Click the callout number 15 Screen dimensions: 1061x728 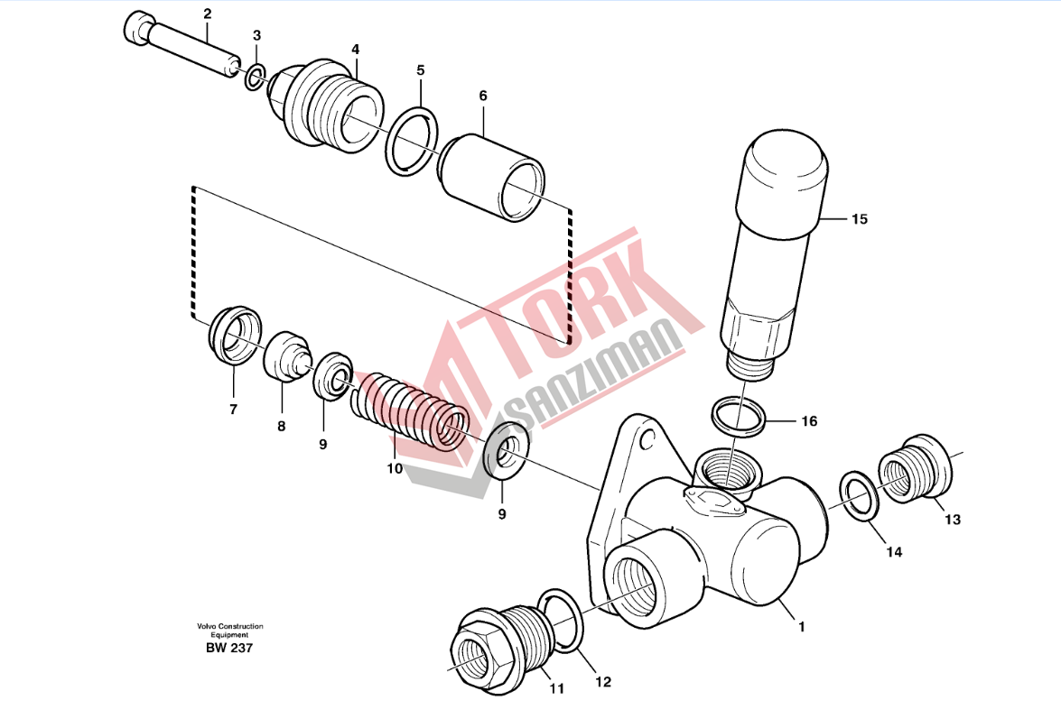point(859,219)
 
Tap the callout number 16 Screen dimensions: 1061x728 point(809,421)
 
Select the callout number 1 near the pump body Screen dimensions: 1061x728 point(802,627)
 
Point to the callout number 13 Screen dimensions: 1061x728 point(952,519)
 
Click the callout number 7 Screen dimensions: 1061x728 point(234,409)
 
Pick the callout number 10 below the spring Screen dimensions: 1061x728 point(395,468)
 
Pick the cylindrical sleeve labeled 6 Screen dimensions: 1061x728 point(492,178)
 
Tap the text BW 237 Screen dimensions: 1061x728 point(229,648)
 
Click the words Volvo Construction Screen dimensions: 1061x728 point(230,627)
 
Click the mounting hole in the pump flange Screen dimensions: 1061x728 point(647,441)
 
